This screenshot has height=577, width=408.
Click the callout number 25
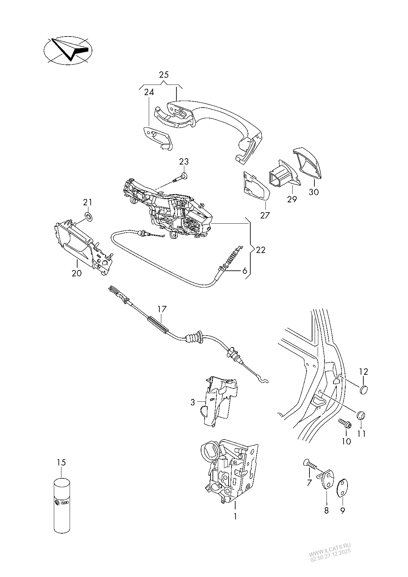pyautogui.click(x=164, y=75)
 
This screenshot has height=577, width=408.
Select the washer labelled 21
pyautogui.click(x=88, y=216)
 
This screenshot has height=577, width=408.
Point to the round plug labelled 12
pyautogui.click(x=363, y=389)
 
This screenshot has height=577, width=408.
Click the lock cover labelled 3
pyautogui.click(x=217, y=401)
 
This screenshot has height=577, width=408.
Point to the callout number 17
pyautogui.click(x=162, y=309)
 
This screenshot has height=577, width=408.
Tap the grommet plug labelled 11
pyautogui.click(x=361, y=415)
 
